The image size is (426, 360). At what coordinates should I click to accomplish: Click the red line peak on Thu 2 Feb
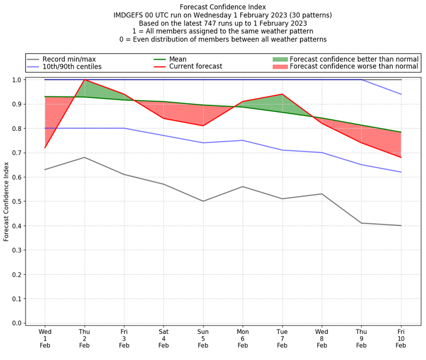click(x=84, y=80)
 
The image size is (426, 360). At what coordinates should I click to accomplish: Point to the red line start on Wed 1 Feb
click(x=45, y=148)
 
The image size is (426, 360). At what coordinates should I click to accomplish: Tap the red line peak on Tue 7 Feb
click(x=282, y=94)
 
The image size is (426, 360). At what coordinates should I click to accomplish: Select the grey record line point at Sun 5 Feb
click(x=203, y=201)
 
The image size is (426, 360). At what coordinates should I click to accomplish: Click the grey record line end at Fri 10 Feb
click(x=401, y=226)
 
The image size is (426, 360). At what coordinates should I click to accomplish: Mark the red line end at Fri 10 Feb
click(x=401, y=157)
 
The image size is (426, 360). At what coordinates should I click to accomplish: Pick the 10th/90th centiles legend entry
click(x=72, y=67)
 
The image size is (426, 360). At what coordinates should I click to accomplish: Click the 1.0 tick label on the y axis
click(x=16, y=80)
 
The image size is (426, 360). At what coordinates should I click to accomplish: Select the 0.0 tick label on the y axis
click(x=16, y=323)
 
